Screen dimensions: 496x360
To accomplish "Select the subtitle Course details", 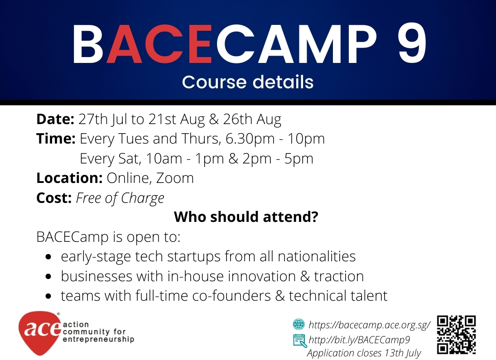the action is [x=248, y=82].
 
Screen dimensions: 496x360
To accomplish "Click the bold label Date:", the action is [x=55, y=119].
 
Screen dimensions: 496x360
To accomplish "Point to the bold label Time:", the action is [x=56, y=139].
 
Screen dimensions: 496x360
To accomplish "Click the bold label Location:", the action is [x=70, y=178].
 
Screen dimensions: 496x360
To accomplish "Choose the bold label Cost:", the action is [x=54, y=198].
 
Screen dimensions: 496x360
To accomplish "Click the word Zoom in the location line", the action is [x=175, y=178].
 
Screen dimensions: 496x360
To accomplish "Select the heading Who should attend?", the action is [x=246, y=217].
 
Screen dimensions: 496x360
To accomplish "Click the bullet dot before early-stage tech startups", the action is [x=48, y=257].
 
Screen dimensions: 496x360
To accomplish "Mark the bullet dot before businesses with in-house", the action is [x=48, y=277].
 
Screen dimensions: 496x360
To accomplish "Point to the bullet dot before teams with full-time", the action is [x=48, y=297].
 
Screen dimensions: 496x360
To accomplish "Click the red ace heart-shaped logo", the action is [x=39, y=333].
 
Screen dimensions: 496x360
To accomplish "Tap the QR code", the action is [x=457, y=335].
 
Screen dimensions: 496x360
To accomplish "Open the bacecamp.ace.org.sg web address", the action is [x=369, y=325].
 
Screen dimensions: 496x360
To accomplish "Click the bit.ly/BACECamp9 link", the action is [x=359, y=340].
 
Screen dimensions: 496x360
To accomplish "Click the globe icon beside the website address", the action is [x=299, y=325].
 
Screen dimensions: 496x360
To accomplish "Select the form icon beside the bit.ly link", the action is [x=299, y=341].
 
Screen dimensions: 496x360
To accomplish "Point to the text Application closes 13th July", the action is [x=364, y=353].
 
